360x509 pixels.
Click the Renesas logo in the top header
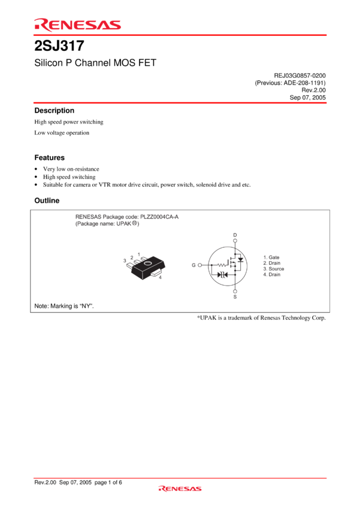coord(77,25)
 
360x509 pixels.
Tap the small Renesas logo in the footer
coord(180,489)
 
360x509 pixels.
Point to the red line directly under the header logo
coord(180,35)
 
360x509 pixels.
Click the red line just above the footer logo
coord(180,478)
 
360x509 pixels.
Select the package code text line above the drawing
coord(127,216)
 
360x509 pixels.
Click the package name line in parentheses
coord(107,223)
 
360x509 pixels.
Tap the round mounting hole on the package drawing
coord(147,263)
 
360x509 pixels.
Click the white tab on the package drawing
coord(157,273)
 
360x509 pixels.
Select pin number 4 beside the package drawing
coord(160,278)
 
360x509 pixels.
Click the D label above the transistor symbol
coord(235,235)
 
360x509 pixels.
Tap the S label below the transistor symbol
coord(235,296)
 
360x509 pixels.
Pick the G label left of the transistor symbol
coord(193,265)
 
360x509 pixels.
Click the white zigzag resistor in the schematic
coord(221,265)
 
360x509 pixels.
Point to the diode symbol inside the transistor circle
coord(222,275)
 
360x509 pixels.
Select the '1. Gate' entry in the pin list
coord(271,257)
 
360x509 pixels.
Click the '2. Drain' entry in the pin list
coord(271,263)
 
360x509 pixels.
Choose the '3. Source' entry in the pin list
coord(273,268)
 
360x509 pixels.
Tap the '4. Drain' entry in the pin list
coord(271,274)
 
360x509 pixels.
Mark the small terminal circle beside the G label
coord(199,265)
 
